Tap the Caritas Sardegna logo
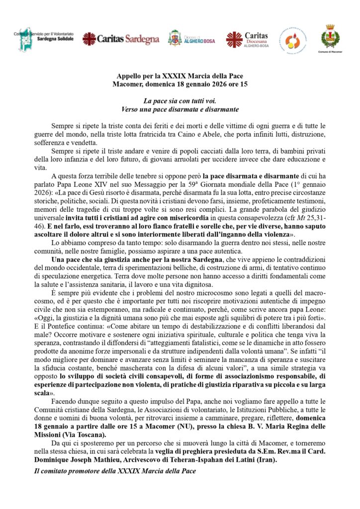pyautogui.click(x=121, y=38)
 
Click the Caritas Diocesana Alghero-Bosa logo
pyautogui.click(x=247, y=38)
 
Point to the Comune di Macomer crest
pyautogui.click(x=330, y=37)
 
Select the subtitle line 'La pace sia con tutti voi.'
pyautogui.click(x=180, y=100)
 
